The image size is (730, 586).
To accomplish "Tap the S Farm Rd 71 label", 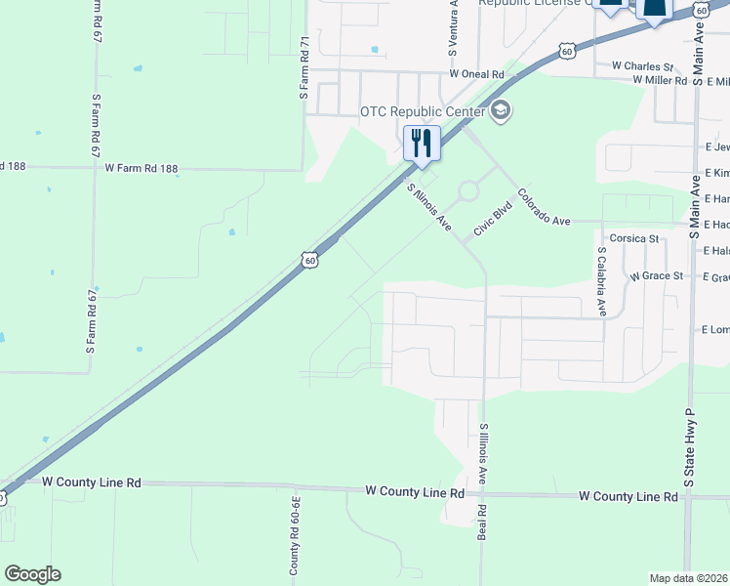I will click(x=304, y=68).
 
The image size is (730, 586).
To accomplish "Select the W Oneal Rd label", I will click(x=476, y=74).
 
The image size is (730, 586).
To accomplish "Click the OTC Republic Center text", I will click(x=423, y=112).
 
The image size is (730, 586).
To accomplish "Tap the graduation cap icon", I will click(x=501, y=111).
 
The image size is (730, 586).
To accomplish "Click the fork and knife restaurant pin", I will click(x=422, y=143).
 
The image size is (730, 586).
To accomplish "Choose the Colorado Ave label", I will click(x=544, y=207).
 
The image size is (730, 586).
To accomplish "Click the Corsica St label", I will click(x=634, y=238).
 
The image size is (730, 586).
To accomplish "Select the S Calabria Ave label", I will click(x=602, y=281).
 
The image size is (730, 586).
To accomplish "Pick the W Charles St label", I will click(x=642, y=65).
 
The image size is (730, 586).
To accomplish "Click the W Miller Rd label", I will click(x=660, y=80).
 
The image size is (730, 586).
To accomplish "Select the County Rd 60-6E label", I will click(x=294, y=531).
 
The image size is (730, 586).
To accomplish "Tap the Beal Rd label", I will click(x=481, y=524).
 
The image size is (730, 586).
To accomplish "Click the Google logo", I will click(x=32, y=574).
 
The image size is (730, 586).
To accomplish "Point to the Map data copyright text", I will click(x=689, y=578).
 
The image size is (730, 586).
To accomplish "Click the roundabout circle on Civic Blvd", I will click(x=467, y=190).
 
